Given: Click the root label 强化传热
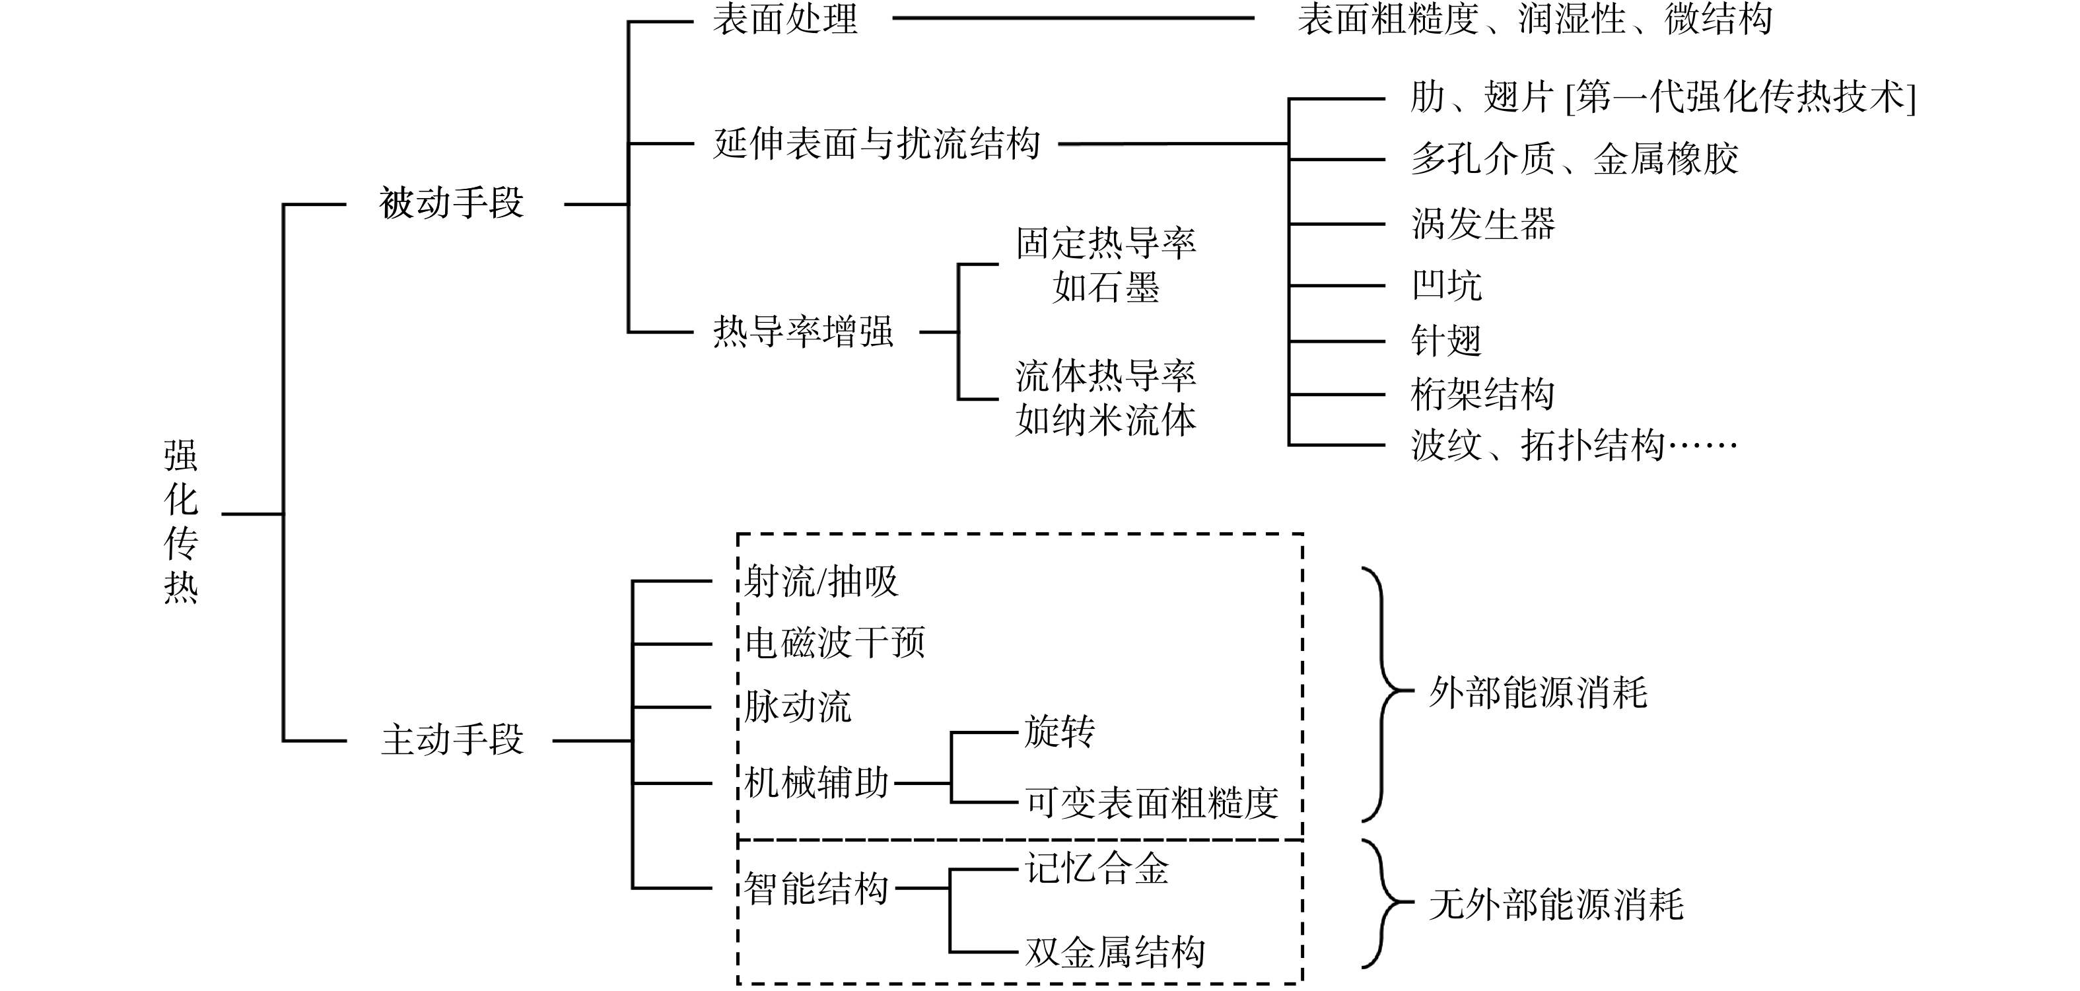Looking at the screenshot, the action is [x=181, y=522].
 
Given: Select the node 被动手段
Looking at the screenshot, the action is [x=452, y=203].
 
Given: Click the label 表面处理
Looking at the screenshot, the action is [x=785, y=18].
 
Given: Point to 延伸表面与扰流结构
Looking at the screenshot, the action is [x=877, y=144].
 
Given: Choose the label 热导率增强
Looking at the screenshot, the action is [x=804, y=331].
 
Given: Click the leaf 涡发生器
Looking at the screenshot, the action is [x=1483, y=224].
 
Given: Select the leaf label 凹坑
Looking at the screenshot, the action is [x=1447, y=285].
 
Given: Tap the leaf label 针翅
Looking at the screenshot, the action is [x=1447, y=340].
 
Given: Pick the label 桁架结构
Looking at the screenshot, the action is [x=1483, y=394].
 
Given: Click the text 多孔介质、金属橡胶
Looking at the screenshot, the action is [x=1575, y=158].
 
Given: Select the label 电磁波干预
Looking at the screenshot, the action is [x=835, y=643].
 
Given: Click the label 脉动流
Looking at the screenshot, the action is [x=798, y=706].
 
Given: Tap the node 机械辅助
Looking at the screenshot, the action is [x=816, y=782].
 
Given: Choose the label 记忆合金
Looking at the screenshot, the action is [x=1097, y=869].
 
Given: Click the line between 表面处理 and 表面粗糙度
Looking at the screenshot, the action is [x=1073, y=18].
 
